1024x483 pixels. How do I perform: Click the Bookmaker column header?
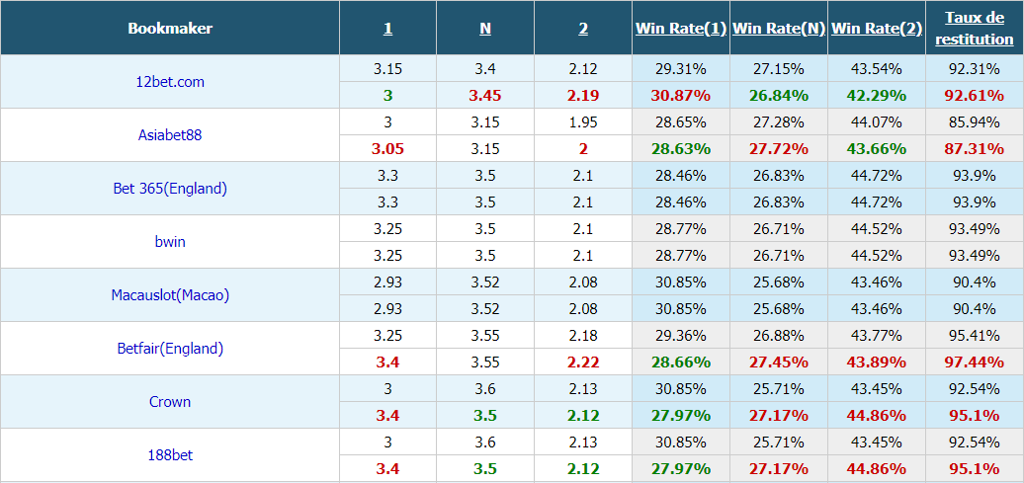pyautogui.click(x=170, y=28)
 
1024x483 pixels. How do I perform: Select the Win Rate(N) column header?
pyautogui.click(x=779, y=28)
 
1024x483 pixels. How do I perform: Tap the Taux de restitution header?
pyautogui.click(x=975, y=28)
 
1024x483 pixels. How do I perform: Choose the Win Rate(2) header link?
pyautogui.click(x=877, y=28)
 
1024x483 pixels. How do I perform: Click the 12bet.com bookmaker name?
pyautogui.click(x=170, y=82)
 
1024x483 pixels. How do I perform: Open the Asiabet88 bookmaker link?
pyautogui.click(x=170, y=135)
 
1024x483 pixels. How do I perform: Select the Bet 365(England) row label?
pyautogui.click(x=170, y=189)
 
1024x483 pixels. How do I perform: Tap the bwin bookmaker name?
pyautogui.click(x=170, y=241)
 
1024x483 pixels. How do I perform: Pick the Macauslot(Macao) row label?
pyautogui.click(x=170, y=295)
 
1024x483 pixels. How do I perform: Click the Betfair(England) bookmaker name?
pyautogui.click(x=170, y=349)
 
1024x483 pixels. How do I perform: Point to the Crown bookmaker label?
pyautogui.click(x=170, y=402)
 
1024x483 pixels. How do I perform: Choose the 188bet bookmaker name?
pyautogui.click(x=170, y=455)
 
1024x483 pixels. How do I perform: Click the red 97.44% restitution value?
pyautogui.click(x=975, y=362)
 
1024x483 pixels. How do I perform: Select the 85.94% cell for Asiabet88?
pyautogui.click(x=975, y=122)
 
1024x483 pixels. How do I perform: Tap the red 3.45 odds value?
pyautogui.click(x=485, y=95)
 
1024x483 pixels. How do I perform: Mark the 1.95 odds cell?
pyautogui.click(x=583, y=122)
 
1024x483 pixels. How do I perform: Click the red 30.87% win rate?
pyautogui.click(x=680, y=95)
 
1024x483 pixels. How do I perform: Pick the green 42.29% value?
pyautogui.click(x=877, y=95)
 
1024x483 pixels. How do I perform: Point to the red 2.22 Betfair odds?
pyautogui.click(x=583, y=362)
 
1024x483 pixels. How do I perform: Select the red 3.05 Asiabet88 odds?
pyautogui.click(x=387, y=149)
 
